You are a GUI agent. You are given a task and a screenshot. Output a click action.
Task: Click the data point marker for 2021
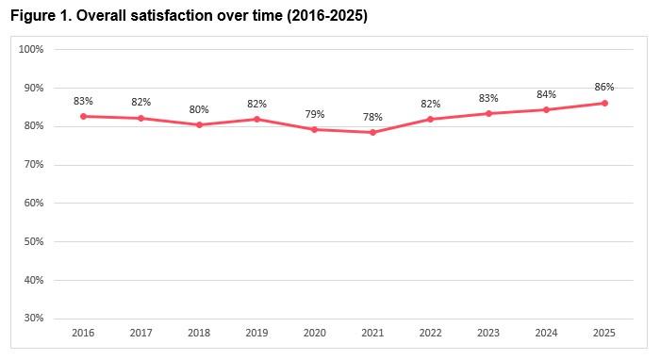(372, 132)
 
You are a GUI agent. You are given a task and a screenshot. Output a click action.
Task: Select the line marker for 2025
(604, 104)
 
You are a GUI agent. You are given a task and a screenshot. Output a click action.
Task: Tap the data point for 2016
(83, 116)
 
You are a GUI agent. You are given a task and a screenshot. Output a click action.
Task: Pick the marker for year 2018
(199, 124)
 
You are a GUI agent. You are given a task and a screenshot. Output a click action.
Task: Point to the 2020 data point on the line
(315, 129)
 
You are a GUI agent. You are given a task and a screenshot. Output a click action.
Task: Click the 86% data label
(604, 87)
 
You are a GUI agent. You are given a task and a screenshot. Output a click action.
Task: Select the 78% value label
(372, 116)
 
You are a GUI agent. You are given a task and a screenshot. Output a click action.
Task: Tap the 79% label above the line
(315, 114)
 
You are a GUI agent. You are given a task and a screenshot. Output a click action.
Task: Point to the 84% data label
(547, 94)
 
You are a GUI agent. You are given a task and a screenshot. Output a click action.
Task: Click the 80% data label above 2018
(199, 108)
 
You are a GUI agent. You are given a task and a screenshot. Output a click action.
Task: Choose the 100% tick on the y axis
(32, 49)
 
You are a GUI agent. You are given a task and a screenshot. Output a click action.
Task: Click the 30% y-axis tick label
(34, 319)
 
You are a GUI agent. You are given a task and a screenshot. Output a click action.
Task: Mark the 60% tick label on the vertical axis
(34, 203)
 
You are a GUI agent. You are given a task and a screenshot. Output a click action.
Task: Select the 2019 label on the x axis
(256, 334)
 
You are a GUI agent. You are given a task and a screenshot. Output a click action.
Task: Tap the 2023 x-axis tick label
(488, 334)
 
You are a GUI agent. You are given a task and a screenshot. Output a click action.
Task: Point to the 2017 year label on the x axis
(140, 334)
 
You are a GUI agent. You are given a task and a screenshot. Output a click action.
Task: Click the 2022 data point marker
(431, 119)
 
